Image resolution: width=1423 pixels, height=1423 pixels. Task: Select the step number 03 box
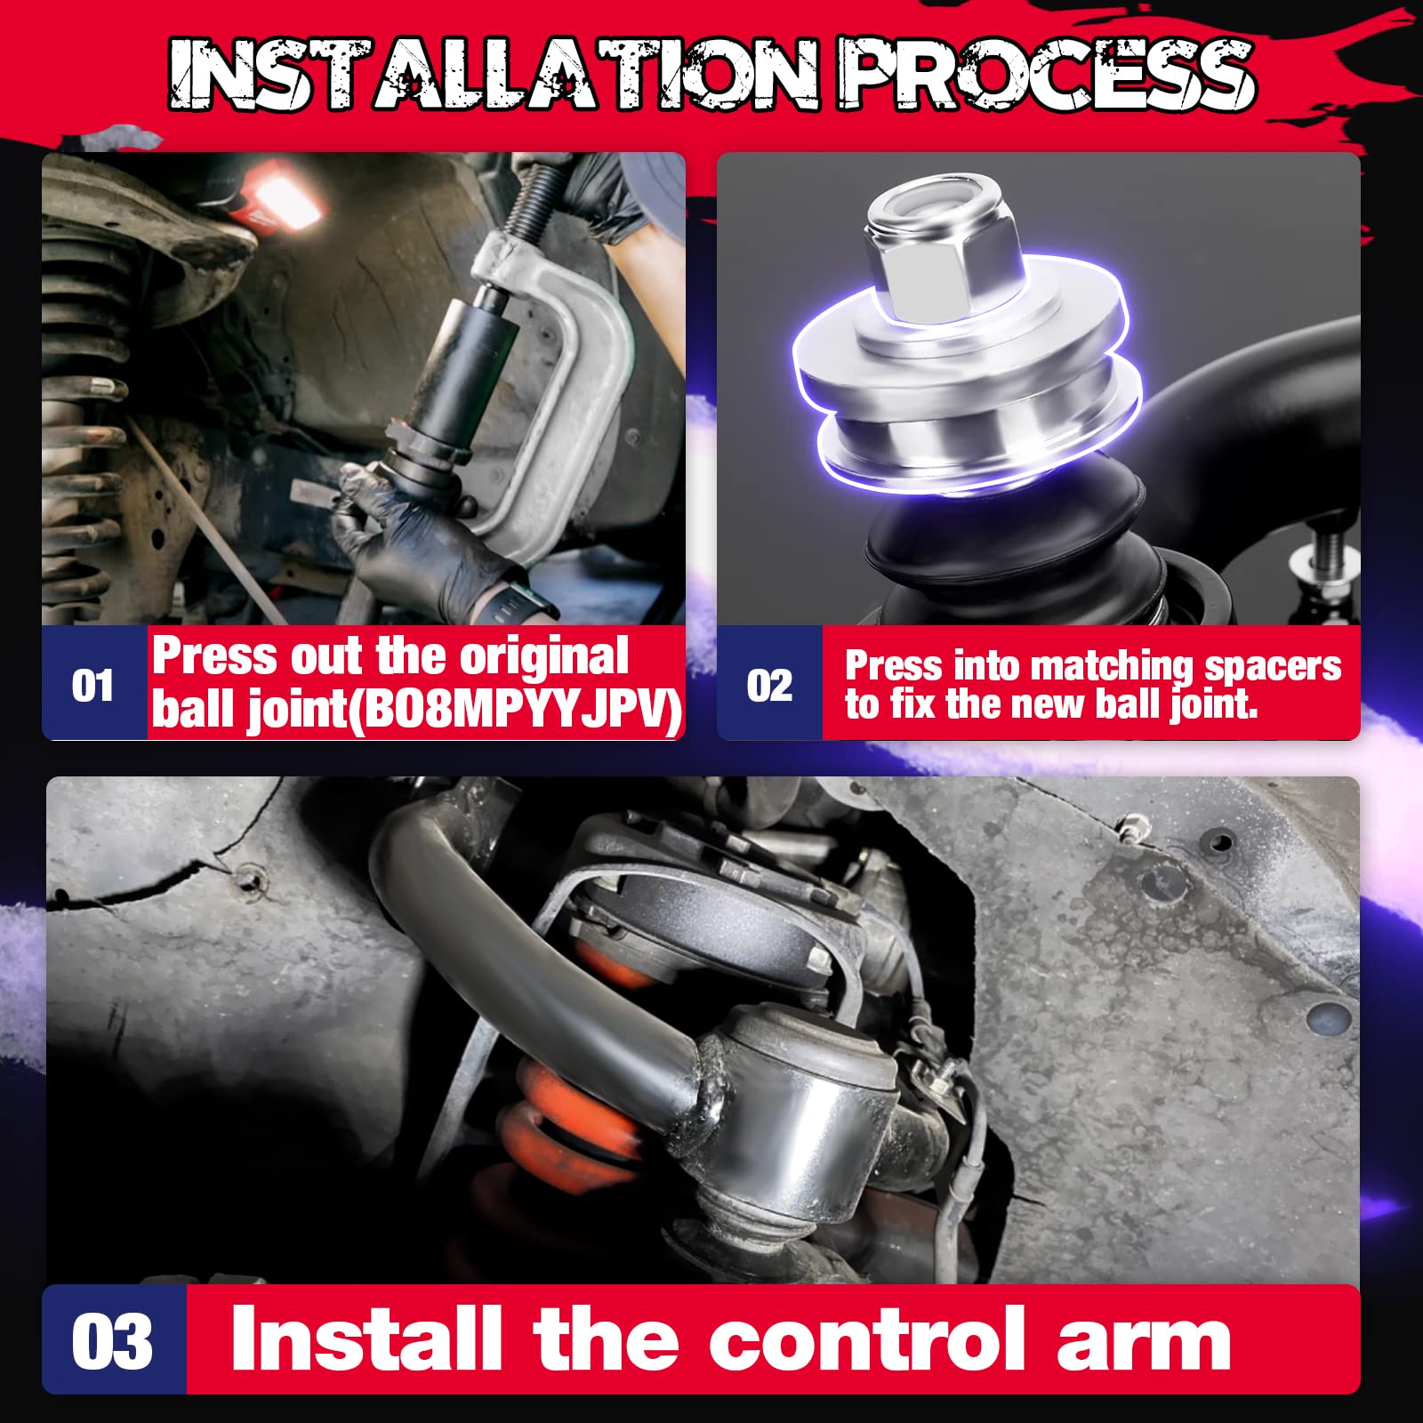click(x=113, y=1342)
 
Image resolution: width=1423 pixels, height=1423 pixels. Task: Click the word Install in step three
click(x=365, y=1340)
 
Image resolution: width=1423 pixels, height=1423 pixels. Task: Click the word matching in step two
click(x=1112, y=665)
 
